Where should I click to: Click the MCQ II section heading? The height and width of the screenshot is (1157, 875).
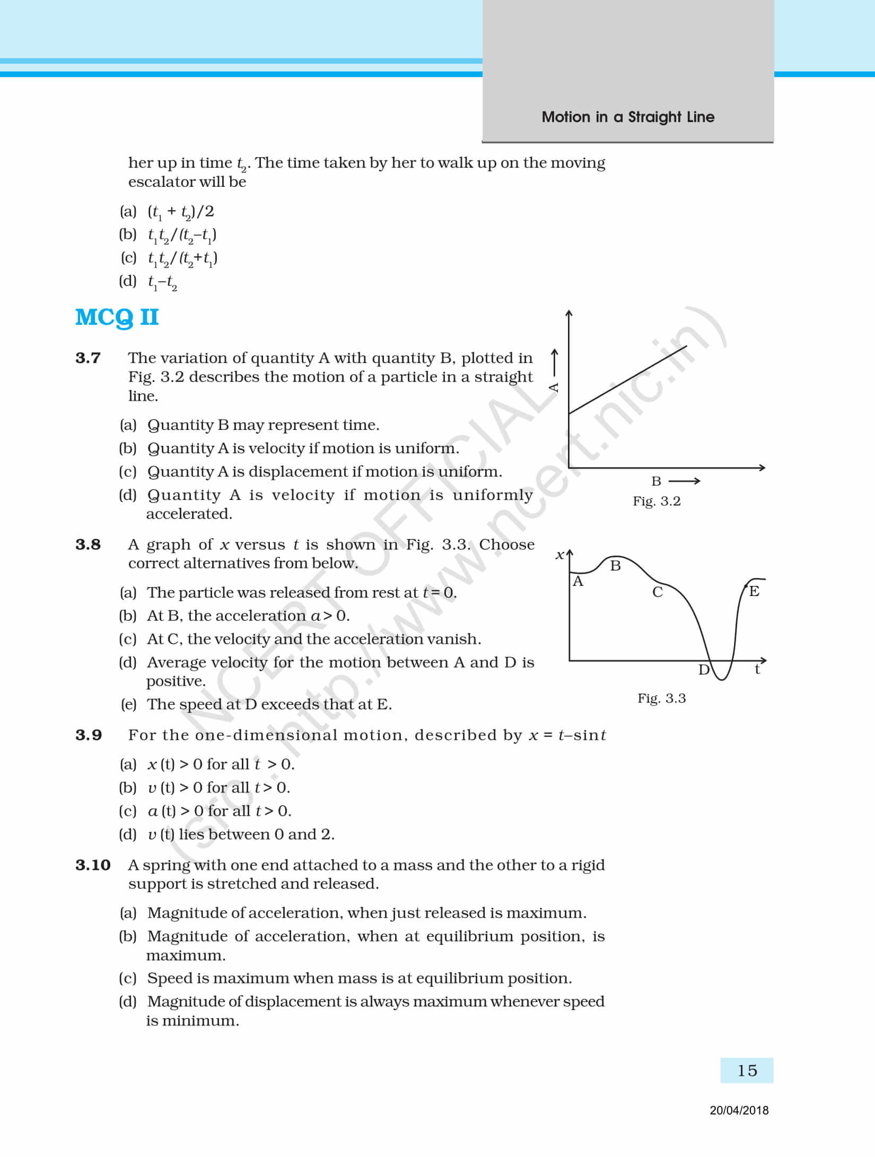click(x=117, y=317)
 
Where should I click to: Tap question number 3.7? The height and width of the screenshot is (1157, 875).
click(x=88, y=358)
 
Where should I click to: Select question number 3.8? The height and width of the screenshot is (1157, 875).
click(x=88, y=545)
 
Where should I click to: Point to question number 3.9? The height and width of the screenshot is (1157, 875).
click(x=88, y=735)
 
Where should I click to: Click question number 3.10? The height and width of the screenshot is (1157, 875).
click(x=93, y=865)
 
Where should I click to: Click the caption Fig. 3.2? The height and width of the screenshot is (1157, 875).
click(x=657, y=502)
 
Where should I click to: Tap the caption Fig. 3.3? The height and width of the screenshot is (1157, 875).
click(x=661, y=698)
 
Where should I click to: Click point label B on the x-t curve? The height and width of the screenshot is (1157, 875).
click(x=615, y=566)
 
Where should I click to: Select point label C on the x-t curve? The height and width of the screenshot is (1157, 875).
click(x=658, y=592)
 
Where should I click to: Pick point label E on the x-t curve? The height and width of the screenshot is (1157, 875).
click(x=754, y=591)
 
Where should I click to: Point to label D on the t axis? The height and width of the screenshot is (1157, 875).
click(x=704, y=670)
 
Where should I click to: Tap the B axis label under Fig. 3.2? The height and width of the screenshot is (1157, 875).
click(x=657, y=481)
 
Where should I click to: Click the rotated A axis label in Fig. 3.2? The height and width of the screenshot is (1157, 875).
click(x=554, y=387)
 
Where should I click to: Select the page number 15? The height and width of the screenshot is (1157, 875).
click(x=747, y=1070)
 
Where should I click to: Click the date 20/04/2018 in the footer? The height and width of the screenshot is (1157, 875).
click(x=739, y=1110)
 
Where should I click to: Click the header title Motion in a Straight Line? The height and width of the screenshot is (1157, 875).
click(x=628, y=117)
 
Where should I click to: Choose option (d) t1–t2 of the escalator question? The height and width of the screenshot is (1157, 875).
click(x=162, y=282)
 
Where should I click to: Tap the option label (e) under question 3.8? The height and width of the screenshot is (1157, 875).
click(x=128, y=704)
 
